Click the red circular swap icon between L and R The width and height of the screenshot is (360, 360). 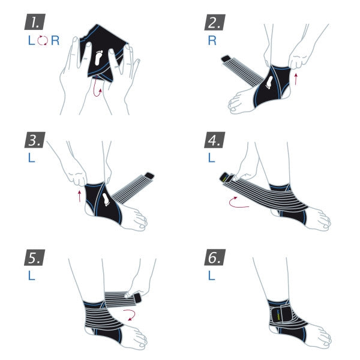pos(41,41)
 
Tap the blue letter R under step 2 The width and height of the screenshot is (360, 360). pos(212,41)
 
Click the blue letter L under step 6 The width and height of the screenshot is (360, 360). pos(211,277)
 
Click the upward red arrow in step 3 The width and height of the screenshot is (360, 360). pos(80,196)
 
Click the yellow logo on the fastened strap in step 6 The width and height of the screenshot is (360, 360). pos(277,314)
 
